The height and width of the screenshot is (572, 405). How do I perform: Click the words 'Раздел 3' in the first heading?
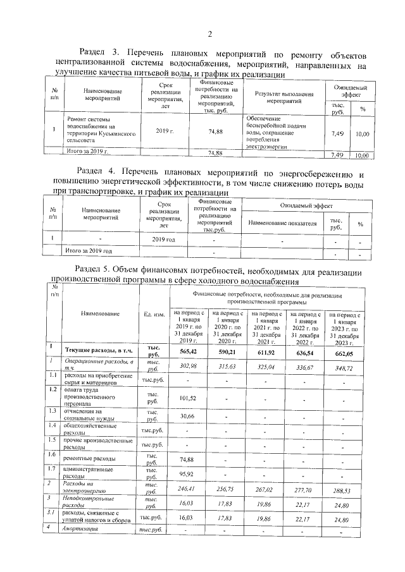[x=97, y=51]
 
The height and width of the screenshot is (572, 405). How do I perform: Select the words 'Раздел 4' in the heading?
[x=94, y=172]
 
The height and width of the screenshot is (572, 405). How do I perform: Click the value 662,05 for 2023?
[x=344, y=351]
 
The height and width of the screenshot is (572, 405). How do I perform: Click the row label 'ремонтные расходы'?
[x=90, y=458]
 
